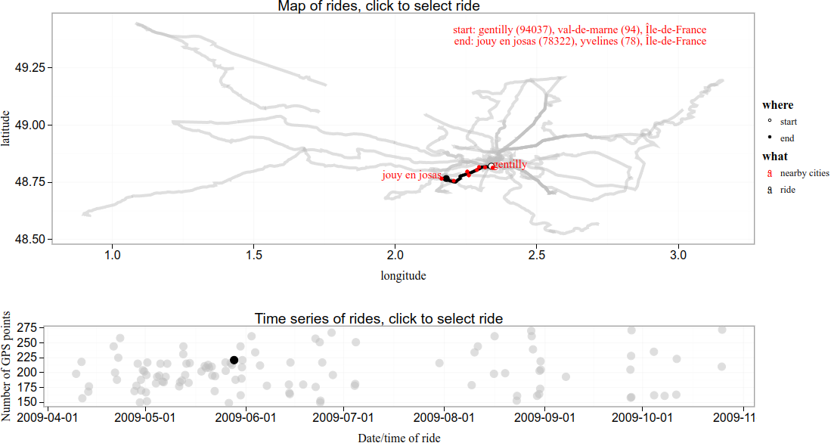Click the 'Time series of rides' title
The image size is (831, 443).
(379, 318)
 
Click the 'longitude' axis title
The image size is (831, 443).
(403, 276)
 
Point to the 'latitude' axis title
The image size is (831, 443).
(7, 129)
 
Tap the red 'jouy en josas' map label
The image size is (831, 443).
(411, 175)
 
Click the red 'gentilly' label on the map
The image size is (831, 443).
(510, 163)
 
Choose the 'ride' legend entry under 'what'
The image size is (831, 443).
(788, 191)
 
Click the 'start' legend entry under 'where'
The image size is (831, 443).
(788, 122)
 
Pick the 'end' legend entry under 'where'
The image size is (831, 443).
(787, 138)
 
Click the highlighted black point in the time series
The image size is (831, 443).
(234, 361)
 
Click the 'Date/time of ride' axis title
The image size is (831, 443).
(399, 437)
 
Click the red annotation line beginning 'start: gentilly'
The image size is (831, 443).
(579, 29)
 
